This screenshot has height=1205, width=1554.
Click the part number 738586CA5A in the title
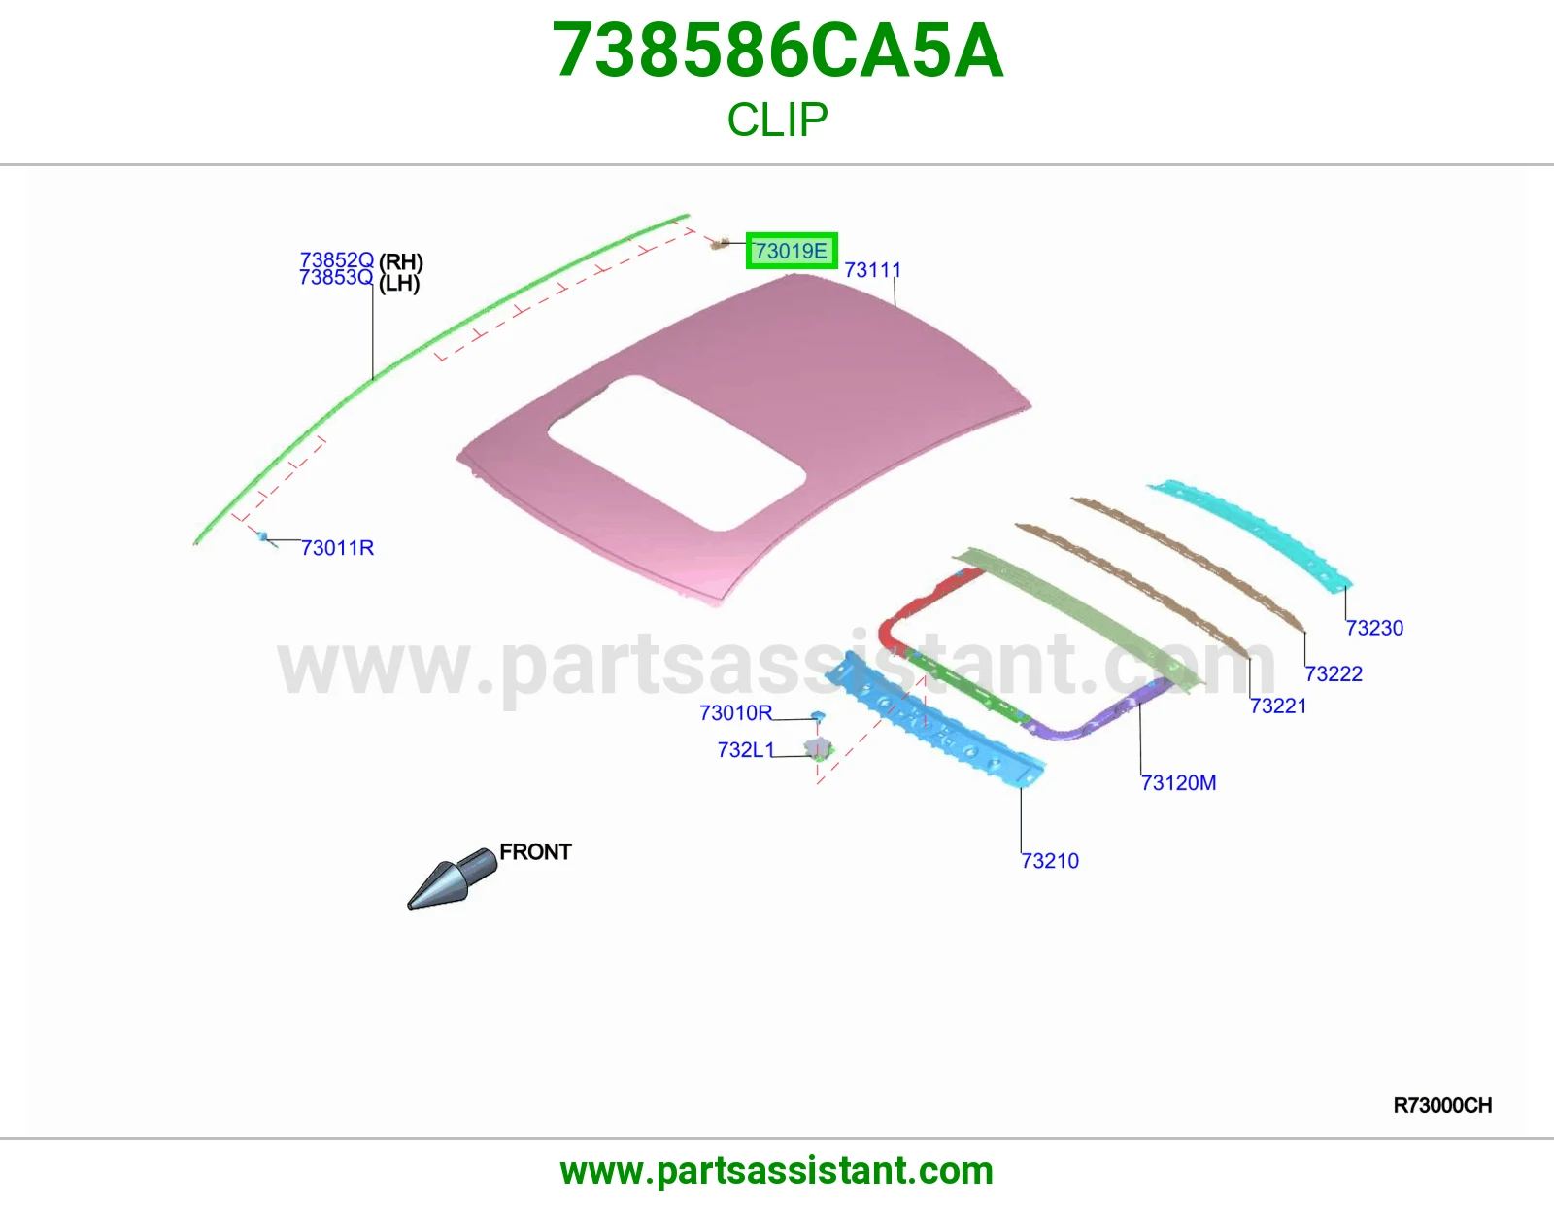click(778, 51)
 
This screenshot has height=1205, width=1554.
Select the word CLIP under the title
click(777, 120)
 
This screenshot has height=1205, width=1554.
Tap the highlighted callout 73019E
click(791, 251)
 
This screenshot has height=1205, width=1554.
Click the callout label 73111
click(872, 270)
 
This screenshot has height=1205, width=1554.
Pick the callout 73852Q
click(336, 259)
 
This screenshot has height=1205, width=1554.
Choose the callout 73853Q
click(336, 277)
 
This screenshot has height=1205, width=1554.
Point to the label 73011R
click(338, 547)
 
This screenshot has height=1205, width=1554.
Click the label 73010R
click(736, 712)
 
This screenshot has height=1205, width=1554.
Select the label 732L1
click(746, 749)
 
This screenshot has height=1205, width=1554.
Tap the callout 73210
click(1050, 860)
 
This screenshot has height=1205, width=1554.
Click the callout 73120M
click(1178, 782)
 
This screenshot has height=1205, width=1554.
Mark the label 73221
click(1278, 706)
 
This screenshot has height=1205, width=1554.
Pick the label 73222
click(1334, 673)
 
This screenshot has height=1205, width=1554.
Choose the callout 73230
click(1374, 628)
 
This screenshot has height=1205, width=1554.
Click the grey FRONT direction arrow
click(452, 878)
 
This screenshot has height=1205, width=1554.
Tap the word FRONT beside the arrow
click(535, 851)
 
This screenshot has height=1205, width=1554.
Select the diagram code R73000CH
click(1442, 1106)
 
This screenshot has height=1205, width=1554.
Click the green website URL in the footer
click(777, 1171)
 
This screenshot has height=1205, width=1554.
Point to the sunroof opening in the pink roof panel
click(677, 453)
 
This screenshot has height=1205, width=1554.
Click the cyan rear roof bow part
click(1249, 536)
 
